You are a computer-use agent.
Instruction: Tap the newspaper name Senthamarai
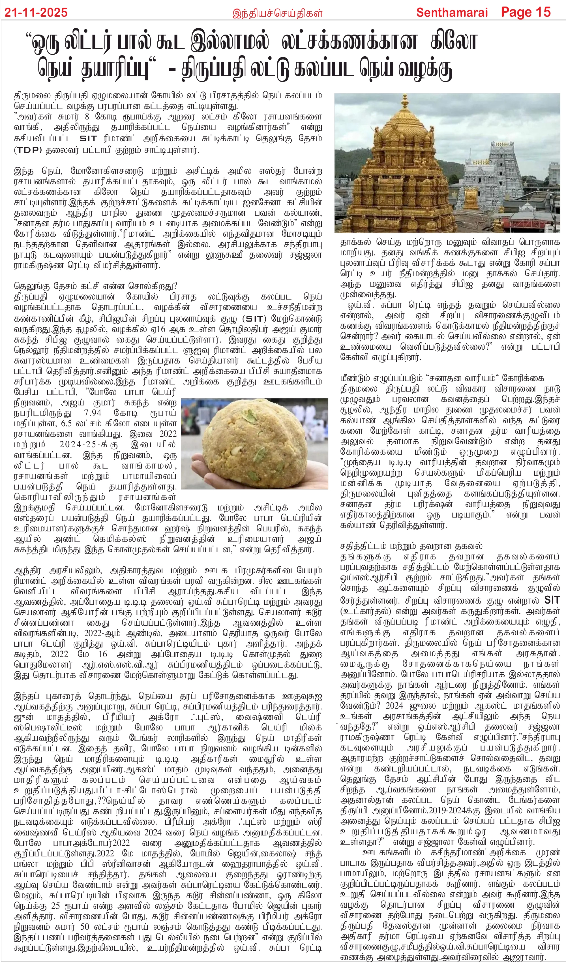[452, 12]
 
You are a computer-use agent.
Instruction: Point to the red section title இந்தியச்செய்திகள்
[277, 13]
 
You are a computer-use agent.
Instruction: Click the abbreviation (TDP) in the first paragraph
[28, 150]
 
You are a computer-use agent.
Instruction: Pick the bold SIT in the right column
[552, 600]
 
